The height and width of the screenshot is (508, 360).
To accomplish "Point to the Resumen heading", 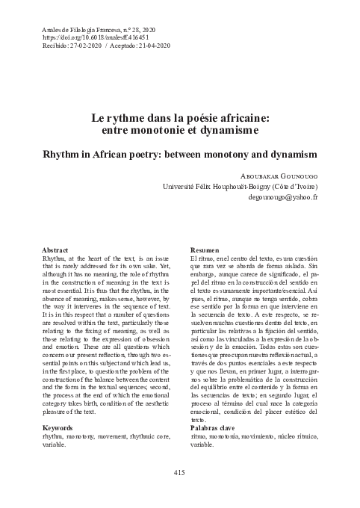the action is pyautogui.click(x=205, y=249).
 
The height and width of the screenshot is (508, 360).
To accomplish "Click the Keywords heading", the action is pyautogui.click(x=59, y=427).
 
